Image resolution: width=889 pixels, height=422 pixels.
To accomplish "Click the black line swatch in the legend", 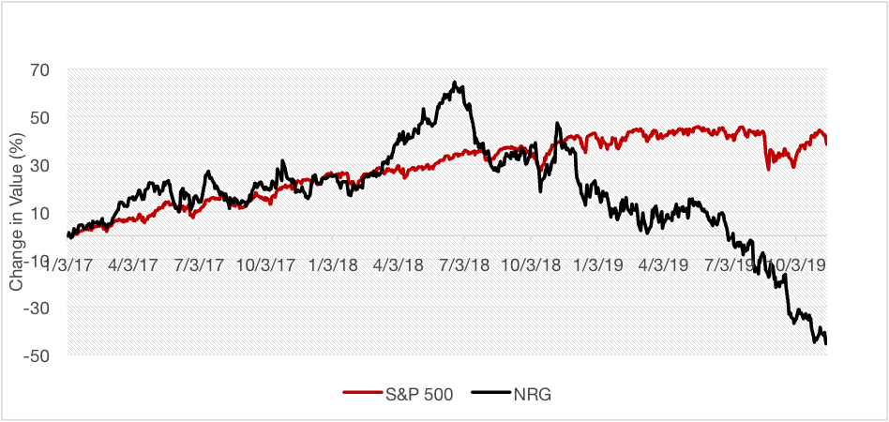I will click(x=490, y=395).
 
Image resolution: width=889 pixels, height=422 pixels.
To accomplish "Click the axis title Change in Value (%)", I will click(x=17, y=212).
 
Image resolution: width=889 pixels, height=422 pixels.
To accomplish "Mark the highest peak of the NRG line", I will click(x=454, y=83).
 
